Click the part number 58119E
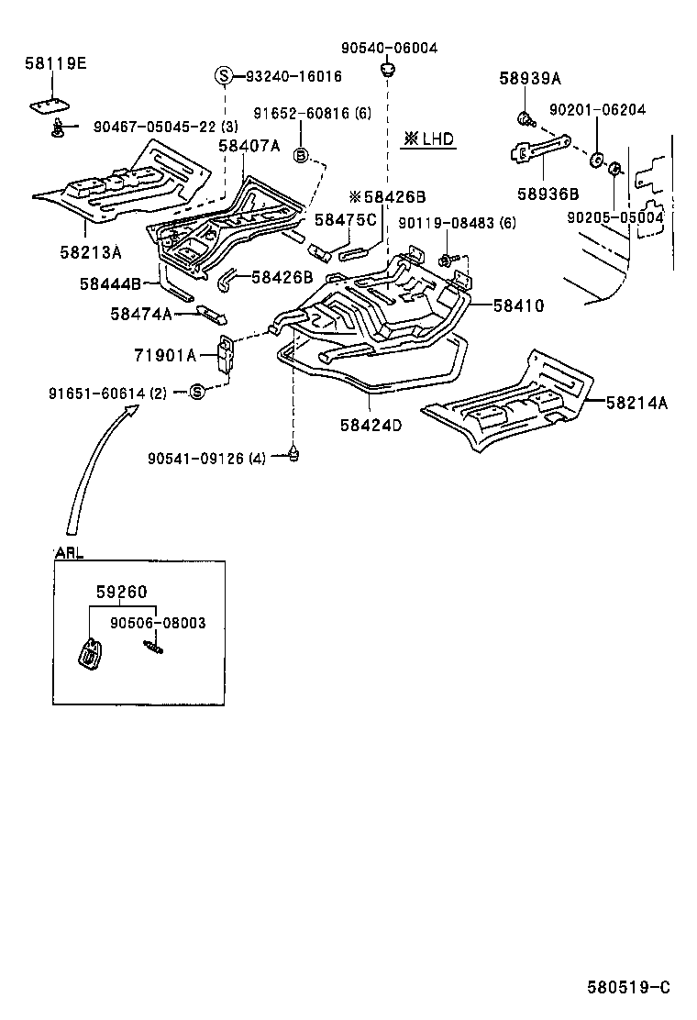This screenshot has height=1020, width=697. pos(56,63)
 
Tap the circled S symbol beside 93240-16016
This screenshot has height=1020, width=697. pos(223,76)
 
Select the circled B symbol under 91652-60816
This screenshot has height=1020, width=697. pos(299,156)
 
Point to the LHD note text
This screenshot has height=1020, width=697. pos(428,139)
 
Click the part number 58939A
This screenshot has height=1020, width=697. pos(530,79)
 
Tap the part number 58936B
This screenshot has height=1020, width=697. pos(548,194)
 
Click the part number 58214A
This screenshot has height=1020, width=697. pos(636,401)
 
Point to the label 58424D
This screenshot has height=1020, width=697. pos(371,425)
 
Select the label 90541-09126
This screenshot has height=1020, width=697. pos(206,459)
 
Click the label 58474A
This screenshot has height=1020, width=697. pos(141,314)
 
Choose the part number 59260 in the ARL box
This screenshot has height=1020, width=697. pos(121,593)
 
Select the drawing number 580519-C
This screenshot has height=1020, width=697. pos(628,987)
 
